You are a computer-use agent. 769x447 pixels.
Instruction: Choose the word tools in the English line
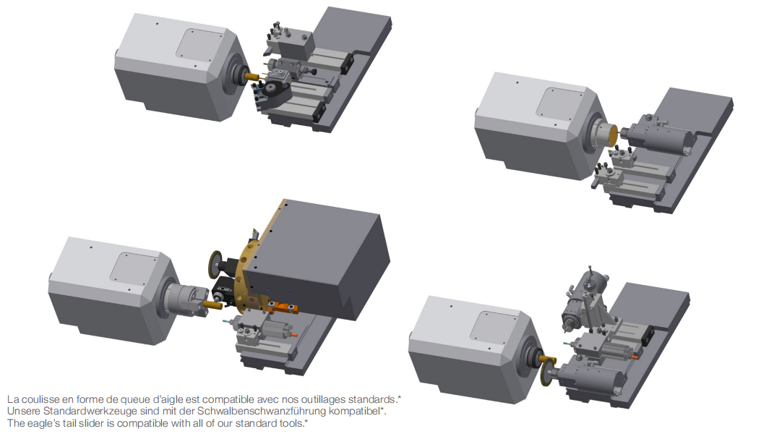coord(292,423)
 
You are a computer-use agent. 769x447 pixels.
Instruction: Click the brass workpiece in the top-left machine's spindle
coord(252,76)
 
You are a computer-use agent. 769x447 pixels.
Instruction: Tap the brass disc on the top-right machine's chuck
coord(613,135)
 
